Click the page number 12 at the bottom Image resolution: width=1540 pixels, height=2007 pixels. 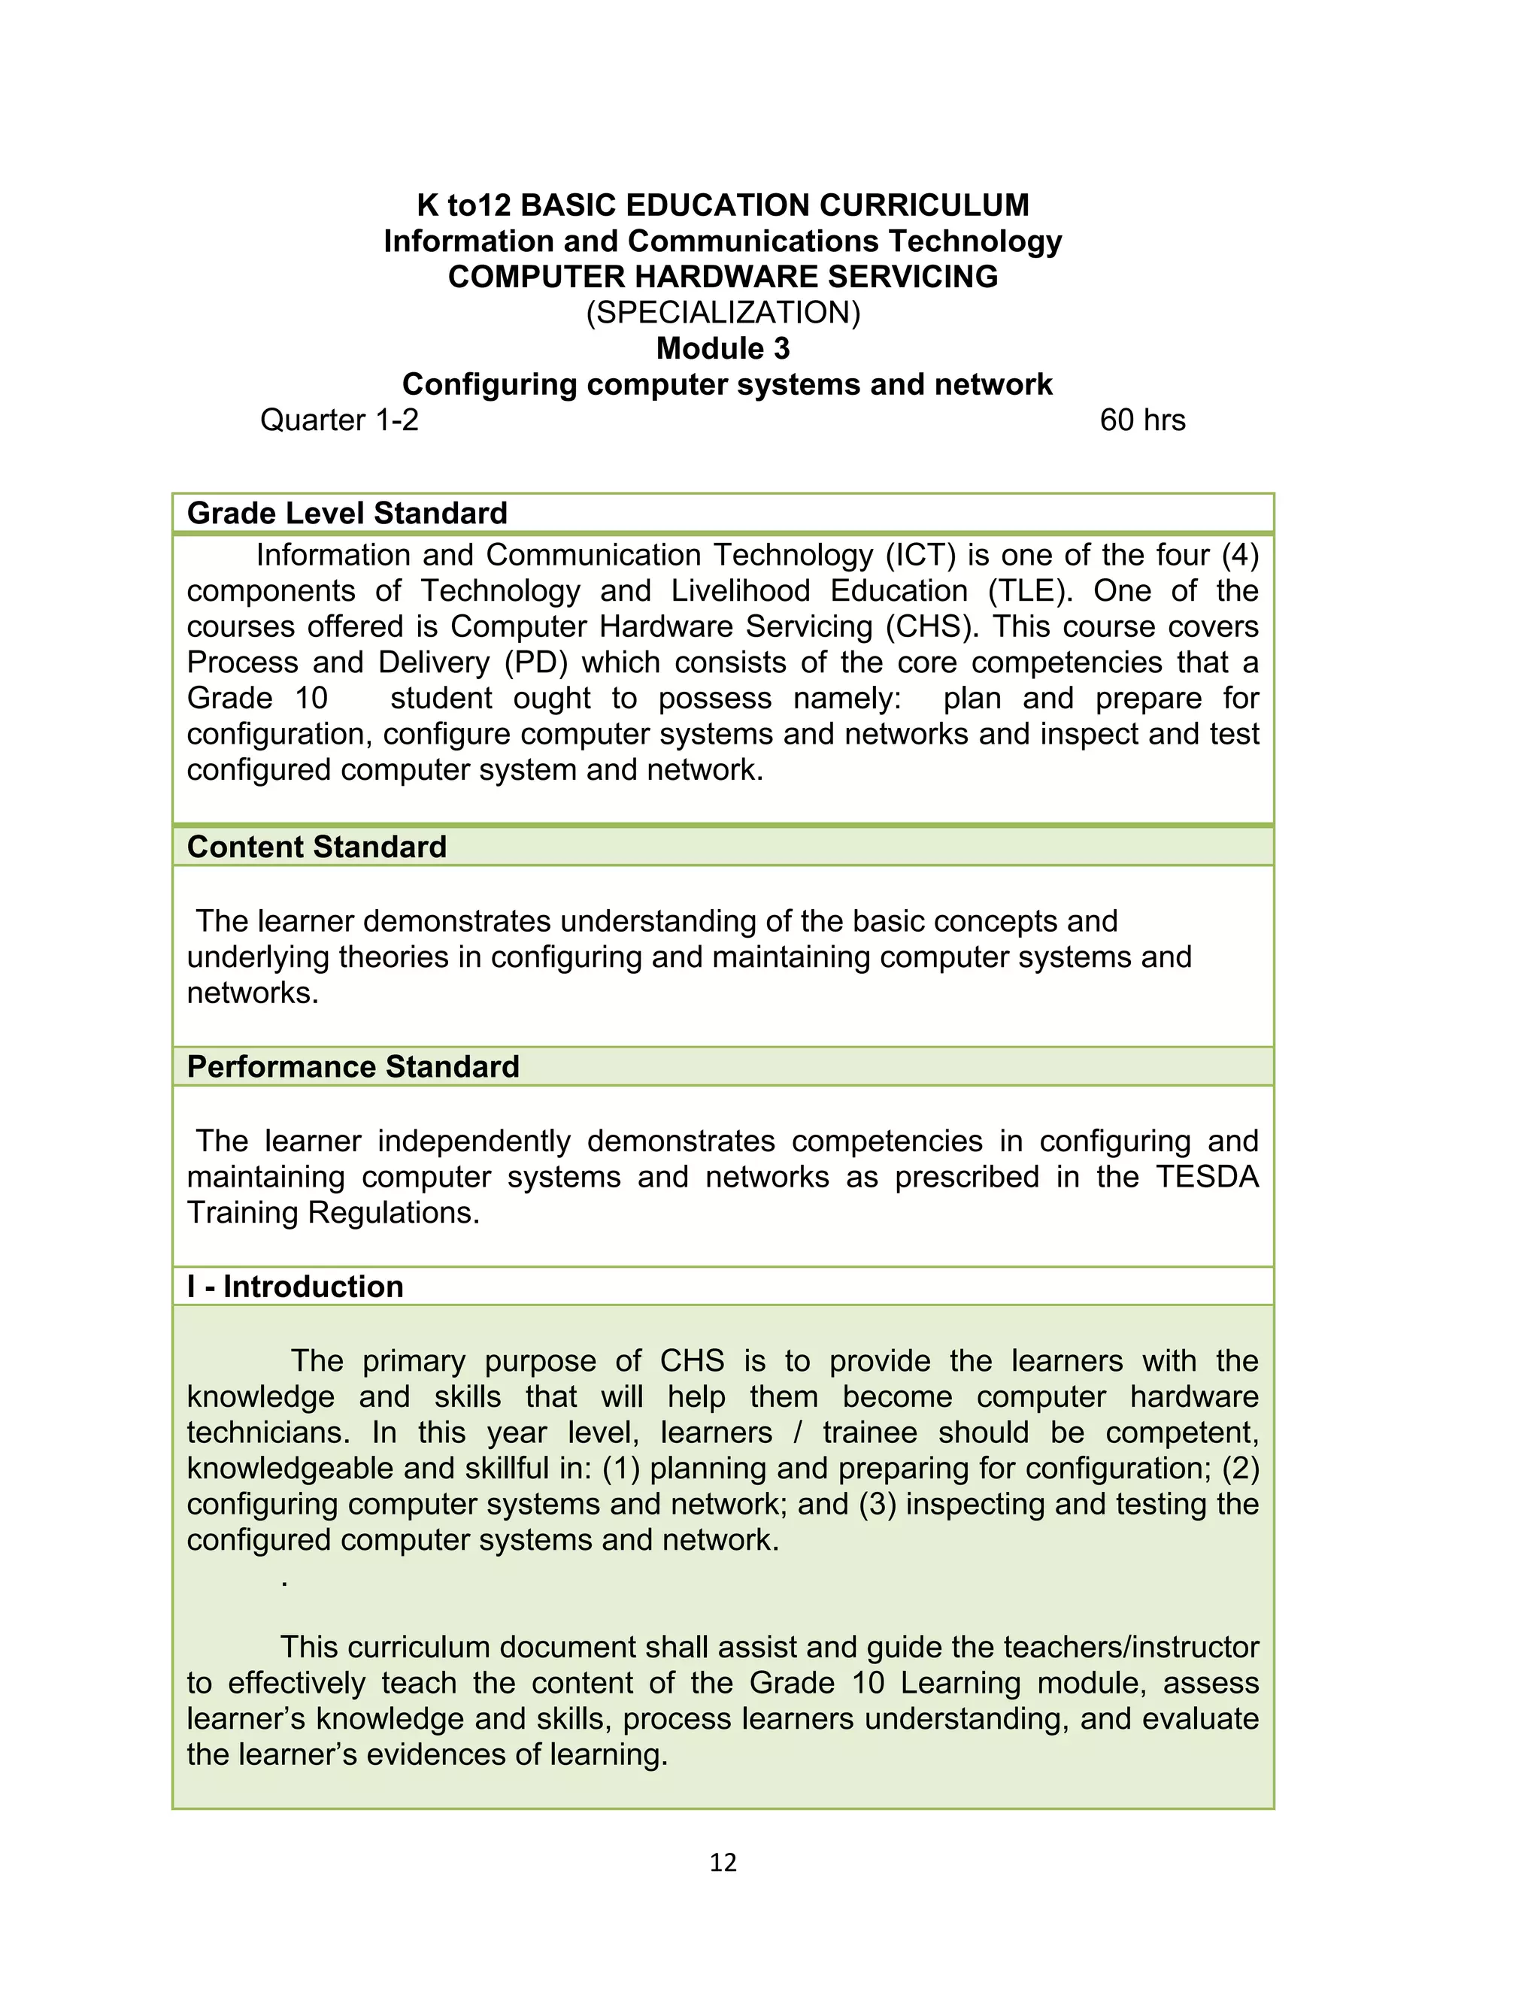723,1862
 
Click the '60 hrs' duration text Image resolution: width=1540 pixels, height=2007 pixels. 1141,420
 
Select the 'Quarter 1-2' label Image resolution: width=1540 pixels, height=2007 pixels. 339,420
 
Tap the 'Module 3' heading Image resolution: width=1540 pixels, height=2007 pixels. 723,348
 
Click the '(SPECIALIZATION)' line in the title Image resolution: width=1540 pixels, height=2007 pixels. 723,313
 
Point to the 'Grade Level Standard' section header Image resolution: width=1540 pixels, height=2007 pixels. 347,513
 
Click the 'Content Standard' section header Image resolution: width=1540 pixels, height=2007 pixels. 317,847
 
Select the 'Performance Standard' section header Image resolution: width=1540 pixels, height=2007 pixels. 353,1067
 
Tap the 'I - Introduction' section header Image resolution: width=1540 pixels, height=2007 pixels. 296,1287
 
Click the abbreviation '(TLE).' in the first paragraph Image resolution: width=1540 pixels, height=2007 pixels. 1030,591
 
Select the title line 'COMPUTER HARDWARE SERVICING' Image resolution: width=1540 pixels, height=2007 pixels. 723,277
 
